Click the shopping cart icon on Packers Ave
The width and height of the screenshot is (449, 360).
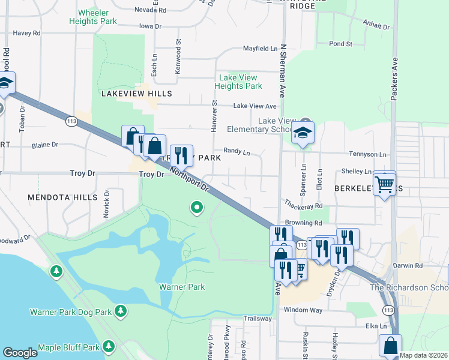tap(385, 182)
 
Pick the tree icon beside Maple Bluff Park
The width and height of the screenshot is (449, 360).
tap(109, 346)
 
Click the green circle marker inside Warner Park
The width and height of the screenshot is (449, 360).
tap(196, 208)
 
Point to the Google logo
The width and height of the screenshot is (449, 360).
tap(20, 353)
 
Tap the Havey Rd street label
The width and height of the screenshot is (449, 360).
tap(26, 34)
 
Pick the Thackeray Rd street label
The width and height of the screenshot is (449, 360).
tap(303, 205)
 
